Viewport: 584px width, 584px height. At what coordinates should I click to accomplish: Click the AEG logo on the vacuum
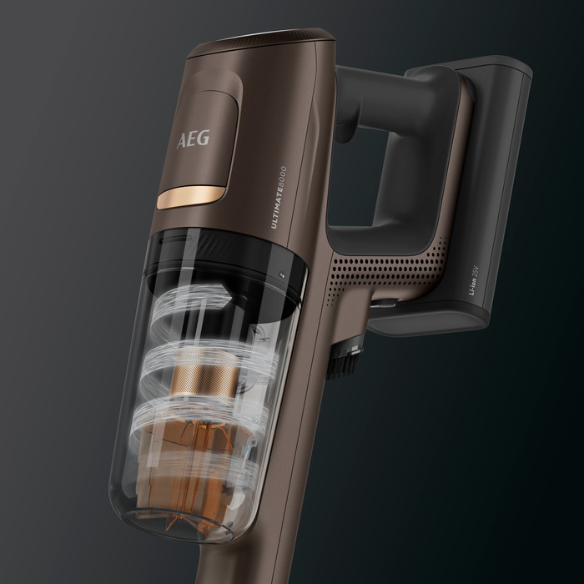click(x=194, y=138)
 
